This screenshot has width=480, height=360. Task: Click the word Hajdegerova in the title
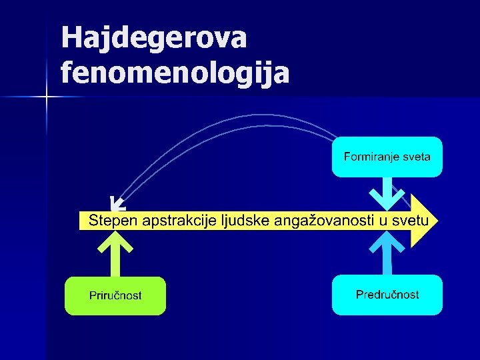coord(153,38)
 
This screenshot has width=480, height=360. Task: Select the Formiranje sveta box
coord(387,157)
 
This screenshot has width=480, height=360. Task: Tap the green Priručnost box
coord(115,295)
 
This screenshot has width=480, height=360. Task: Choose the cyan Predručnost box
coord(387,295)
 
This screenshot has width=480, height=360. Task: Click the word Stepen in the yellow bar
coord(110,221)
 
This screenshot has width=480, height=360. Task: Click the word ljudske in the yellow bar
coord(243,221)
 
